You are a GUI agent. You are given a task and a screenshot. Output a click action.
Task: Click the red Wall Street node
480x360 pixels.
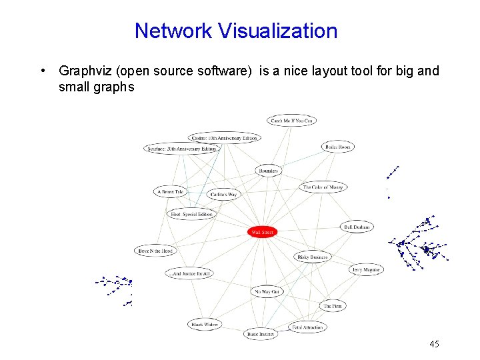(x=262, y=232)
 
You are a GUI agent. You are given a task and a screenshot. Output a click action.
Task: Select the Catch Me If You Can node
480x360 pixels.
(x=291, y=120)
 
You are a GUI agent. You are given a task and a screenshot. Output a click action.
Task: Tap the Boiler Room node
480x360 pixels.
(x=338, y=147)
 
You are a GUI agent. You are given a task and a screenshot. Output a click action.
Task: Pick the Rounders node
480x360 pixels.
(x=268, y=171)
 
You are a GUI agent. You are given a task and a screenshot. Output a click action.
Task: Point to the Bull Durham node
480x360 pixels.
(x=357, y=227)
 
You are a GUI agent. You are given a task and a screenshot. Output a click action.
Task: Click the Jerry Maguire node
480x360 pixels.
(x=366, y=269)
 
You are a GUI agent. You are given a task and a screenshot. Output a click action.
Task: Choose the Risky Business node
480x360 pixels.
(x=312, y=257)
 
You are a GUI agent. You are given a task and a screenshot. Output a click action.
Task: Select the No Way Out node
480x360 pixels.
(x=267, y=291)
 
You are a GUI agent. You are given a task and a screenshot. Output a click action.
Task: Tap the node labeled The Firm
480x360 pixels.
(x=333, y=306)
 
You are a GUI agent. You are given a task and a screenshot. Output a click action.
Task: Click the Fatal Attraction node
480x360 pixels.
(x=307, y=327)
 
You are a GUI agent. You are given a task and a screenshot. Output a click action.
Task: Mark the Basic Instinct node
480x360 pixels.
(x=261, y=333)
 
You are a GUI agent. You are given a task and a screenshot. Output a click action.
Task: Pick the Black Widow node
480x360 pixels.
(x=205, y=325)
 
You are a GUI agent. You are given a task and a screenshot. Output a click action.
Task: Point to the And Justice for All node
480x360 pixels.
(x=190, y=273)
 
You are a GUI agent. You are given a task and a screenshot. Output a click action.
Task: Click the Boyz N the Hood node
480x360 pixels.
(x=155, y=251)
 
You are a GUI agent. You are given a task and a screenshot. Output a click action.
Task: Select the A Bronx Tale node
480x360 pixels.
(x=169, y=192)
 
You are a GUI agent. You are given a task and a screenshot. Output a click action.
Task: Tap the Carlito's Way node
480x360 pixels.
(x=223, y=195)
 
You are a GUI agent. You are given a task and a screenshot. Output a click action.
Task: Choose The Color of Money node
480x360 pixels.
(x=323, y=187)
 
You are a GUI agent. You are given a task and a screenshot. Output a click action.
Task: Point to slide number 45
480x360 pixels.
(x=434, y=344)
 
